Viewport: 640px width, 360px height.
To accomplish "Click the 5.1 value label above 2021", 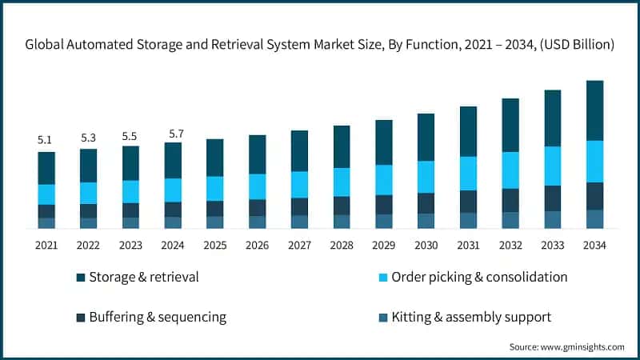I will point(46,140).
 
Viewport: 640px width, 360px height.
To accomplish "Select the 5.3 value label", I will point(89,138).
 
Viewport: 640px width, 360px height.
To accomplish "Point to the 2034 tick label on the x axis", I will point(594,244).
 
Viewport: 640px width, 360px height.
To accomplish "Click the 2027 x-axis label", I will point(299,244).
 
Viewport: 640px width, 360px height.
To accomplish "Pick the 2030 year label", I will point(426,244).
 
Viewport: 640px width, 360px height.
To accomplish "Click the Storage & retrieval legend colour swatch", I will point(81,278).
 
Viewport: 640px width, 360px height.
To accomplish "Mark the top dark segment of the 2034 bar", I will point(594,110).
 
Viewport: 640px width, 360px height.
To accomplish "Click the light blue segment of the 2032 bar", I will point(510,170).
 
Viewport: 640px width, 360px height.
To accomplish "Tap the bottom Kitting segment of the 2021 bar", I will point(46,223).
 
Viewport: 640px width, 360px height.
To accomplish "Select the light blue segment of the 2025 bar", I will point(215,188).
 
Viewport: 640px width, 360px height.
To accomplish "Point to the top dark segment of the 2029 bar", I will point(384,142).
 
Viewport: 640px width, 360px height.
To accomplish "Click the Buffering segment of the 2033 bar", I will point(553,198).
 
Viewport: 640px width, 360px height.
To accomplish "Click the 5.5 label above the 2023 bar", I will point(130,136).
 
